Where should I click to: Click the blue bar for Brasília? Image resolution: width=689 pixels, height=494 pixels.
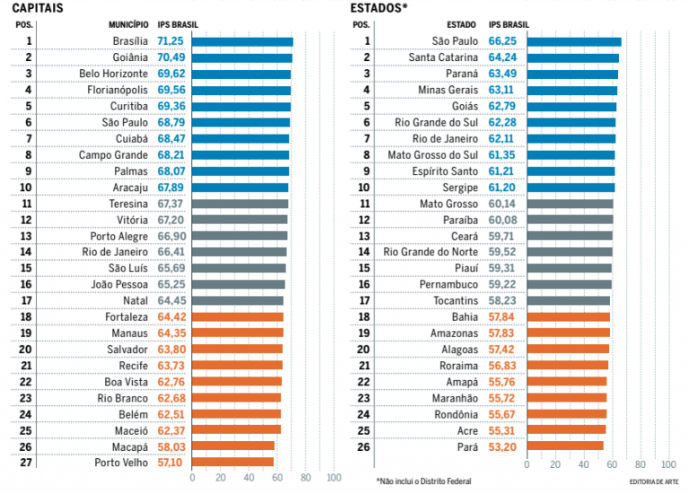[242, 41]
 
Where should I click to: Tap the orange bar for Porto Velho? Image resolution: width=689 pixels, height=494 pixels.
[232, 462]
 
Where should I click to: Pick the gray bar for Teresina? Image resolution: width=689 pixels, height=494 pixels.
[240, 204]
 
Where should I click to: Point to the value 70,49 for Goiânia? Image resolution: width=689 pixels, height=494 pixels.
[171, 57]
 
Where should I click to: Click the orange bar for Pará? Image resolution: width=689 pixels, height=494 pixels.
[565, 446]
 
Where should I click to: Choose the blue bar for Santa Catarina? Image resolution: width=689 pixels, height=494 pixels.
[572, 57]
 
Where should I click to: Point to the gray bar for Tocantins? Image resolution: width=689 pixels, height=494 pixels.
[568, 300]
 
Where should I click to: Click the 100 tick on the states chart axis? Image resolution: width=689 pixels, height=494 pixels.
[668, 464]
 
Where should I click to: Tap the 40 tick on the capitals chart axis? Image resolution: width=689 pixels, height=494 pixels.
[249, 479]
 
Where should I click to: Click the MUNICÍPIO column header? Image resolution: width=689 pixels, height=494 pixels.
[128, 25]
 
